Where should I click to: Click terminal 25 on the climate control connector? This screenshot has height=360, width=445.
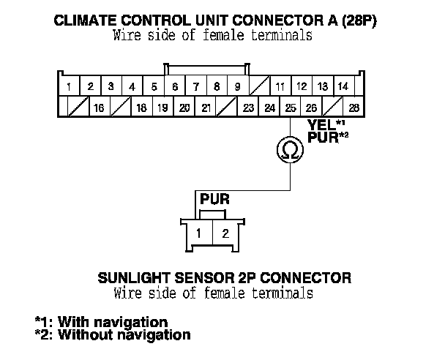(x=291, y=108)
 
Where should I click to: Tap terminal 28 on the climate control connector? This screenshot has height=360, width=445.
(x=354, y=108)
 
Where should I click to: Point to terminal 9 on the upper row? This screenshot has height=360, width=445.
(x=238, y=87)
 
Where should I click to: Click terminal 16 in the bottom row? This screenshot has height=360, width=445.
(x=100, y=108)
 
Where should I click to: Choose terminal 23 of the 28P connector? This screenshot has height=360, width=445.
(x=248, y=108)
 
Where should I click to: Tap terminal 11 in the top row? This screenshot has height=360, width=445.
(x=280, y=87)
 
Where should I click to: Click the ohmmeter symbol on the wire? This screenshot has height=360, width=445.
(x=291, y=150)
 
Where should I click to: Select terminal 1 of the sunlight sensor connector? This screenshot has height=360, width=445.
(x=198, y=234)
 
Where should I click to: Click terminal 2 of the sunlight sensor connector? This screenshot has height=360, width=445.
(x=225, y=234)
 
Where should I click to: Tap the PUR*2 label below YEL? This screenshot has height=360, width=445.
(x=323, y=136)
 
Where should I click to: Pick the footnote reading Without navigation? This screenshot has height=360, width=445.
(x=124, y=335)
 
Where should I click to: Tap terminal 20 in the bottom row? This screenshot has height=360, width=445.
(x=184, y=108)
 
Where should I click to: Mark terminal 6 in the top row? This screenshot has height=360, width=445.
(x=175, y=87)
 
